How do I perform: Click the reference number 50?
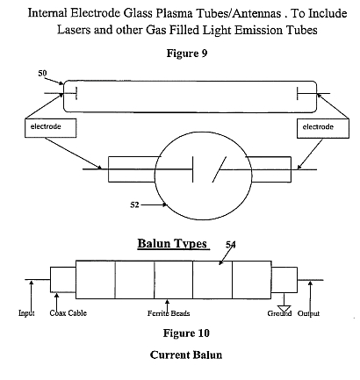tap(42, 73)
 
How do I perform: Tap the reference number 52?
tap(134, 204)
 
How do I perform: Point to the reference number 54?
tap(231, 244)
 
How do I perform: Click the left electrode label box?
tap(51, 128)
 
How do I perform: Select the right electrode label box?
tap(323, 128)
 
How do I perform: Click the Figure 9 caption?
tap(187, 54)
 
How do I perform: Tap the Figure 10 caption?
tap(186, 333)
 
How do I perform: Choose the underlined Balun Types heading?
tap(172, 243)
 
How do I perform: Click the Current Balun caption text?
tap(186, 355)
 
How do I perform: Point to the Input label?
tap(26, 313)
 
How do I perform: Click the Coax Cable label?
tap(68, 313)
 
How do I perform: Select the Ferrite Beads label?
tap(169, 313)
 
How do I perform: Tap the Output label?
tap(308, 313)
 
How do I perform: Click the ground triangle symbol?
tap(284, 309)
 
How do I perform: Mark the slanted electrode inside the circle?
tap(220, 169)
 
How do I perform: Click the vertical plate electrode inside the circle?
tap(193, 169)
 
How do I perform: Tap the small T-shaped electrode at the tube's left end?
tap(61, 94)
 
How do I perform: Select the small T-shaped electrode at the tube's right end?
tap(313, 94)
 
